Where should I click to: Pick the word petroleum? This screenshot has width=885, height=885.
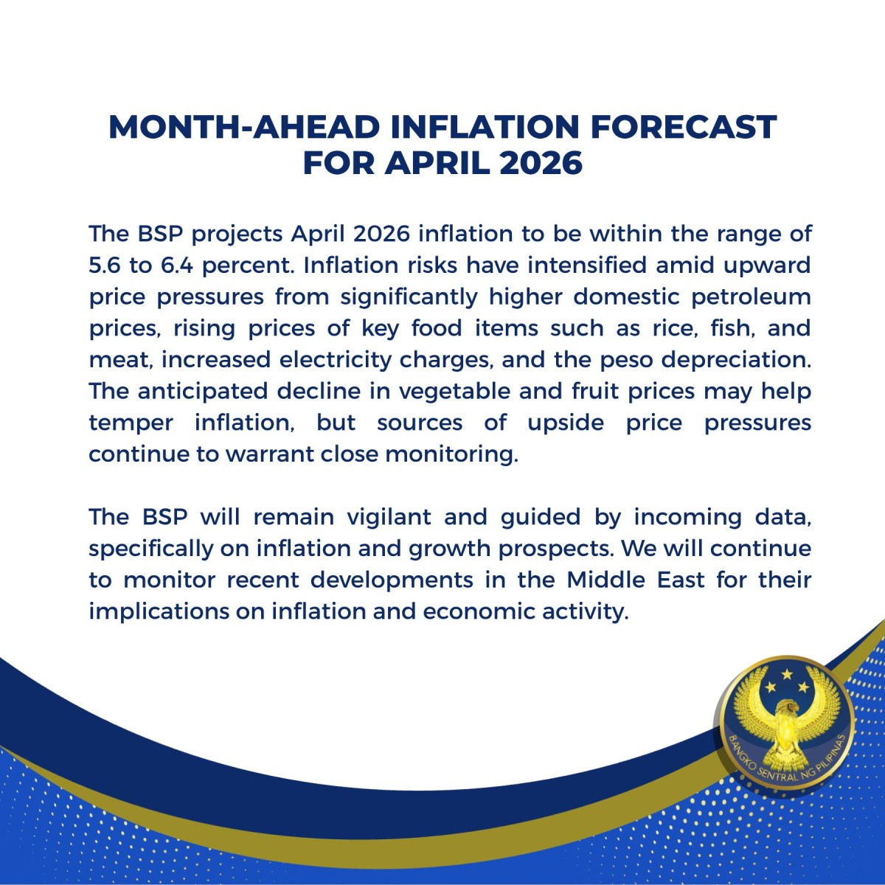(x=751, y=298)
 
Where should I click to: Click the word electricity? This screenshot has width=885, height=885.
(x=335, y=361)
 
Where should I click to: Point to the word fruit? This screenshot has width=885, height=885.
(x=594, y=392)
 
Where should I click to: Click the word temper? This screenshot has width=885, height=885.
(x=131, y=423)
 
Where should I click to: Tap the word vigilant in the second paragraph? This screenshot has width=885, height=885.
(x=389, y=518)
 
